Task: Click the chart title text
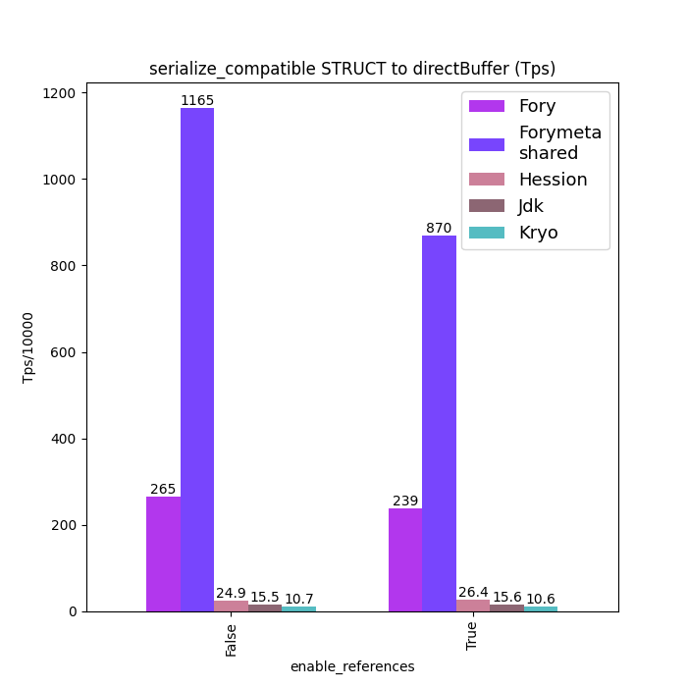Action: (352, 69)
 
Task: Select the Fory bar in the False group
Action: (163, 554)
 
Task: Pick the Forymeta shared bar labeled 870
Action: (439, 423)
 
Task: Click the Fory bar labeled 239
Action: (405, 559)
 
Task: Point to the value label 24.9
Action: (231, 593)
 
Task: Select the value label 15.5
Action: (265, 597)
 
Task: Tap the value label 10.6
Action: (540, 599)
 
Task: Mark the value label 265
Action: (163, 489)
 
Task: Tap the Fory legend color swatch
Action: (487, 106)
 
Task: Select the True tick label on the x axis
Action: (472, 636)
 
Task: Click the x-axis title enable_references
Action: (352, 666)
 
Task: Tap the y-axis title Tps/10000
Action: (28, 347)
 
